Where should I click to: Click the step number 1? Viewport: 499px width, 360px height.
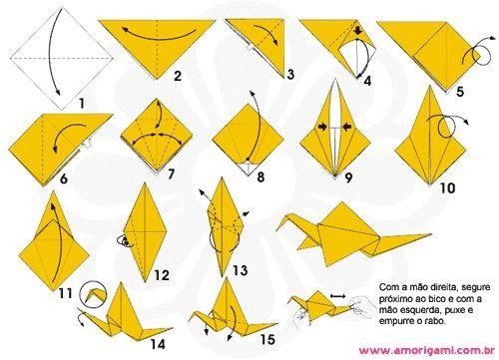pyautogui.click(x=81, y=103)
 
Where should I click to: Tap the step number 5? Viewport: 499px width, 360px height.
pyautogui.click(x=460, y=91)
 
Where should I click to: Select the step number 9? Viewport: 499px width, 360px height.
pyautogui.click(x=348, y=178)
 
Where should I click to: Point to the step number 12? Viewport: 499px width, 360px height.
pyautogui.click(x=162, y=275)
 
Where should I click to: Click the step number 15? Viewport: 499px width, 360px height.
pyautogui.click(x=267, y=339)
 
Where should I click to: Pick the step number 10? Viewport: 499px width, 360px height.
pyautogui.click(x=447, y=188)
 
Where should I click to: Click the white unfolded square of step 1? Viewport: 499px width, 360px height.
pyautogui.click(x=62, y=59)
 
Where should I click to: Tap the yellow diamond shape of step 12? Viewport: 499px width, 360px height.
pyautogui.click(x=145, y=232)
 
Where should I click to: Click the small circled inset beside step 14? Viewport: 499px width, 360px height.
pyautogui.click(x=95, y=293)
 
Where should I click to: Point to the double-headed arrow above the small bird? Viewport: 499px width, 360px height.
pyautogui.click(x=338, y=295)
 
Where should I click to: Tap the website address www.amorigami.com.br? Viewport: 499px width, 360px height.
pyautogui.click(x=426, y=350)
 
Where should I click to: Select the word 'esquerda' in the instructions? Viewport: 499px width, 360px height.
pyautogui.click(x=410, y=310)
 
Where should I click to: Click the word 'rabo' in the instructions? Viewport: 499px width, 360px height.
pyautogui.click(x=435, y=321)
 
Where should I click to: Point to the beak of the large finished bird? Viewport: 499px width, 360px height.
pyautogui.click(x=277, y=228)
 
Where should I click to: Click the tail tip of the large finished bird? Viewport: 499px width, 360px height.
pyautogui.click(x=430, y=235)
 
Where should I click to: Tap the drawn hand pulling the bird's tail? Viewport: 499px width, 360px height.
pyautogui.click(x=362, y=306)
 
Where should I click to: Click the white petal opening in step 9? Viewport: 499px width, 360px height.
pyautogui.click(x=335, y=128)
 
